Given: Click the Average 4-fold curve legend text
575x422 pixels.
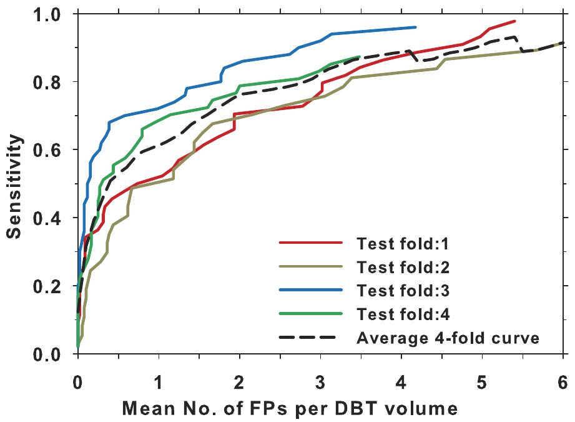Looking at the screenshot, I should [x=448, y=338].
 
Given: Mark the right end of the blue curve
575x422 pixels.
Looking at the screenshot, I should [x=415, y=27].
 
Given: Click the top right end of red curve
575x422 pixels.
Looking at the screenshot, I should [x=514, y=21].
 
